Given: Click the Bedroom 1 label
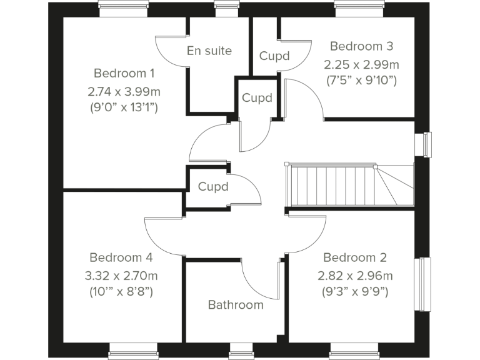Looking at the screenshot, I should pyautogui.click(x=124, y=72).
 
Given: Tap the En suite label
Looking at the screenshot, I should pyautogui.click(x=209, y=51).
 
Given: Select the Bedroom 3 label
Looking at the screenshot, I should pyautogui.click(x=361, y=46).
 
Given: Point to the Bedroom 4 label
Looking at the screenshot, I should pyautogui.click(x=121, y=257).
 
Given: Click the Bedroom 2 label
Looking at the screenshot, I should pyautogui.click(x=355, y=257).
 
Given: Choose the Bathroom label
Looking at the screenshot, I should pyautogui.click(x=236, y=305).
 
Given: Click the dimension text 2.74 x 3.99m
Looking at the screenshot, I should pyautogui.click(x=124, y=91).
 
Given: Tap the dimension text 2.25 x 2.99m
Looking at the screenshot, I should pyautogui.click(x=361, y=64).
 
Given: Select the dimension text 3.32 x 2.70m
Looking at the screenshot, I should pyautogui.click(x=121, y=276).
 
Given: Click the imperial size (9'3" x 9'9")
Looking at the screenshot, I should pyautogui.click(x=355, y=291).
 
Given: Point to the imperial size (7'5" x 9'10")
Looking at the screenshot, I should pyautogui.click(x=361, y=80).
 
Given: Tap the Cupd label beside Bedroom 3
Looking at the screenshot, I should pyautogui.click(x=274, y=56).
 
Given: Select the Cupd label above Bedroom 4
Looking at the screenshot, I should pyautogui.click(x=212, y=186).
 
